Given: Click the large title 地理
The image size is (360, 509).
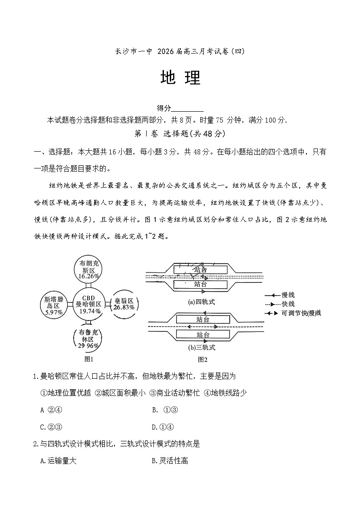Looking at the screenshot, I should pos(180,79).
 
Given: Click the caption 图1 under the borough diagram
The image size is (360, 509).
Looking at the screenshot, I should pos(89,359).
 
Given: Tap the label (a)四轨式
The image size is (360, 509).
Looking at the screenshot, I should pos(202,301).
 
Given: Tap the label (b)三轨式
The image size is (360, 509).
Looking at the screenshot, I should pos(202,348).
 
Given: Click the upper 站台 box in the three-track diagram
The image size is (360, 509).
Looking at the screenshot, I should pos(203,319).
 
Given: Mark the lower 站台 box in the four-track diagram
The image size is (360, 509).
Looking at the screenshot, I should pos(200,284).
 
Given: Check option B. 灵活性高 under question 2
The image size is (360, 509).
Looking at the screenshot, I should pos(170,461).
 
